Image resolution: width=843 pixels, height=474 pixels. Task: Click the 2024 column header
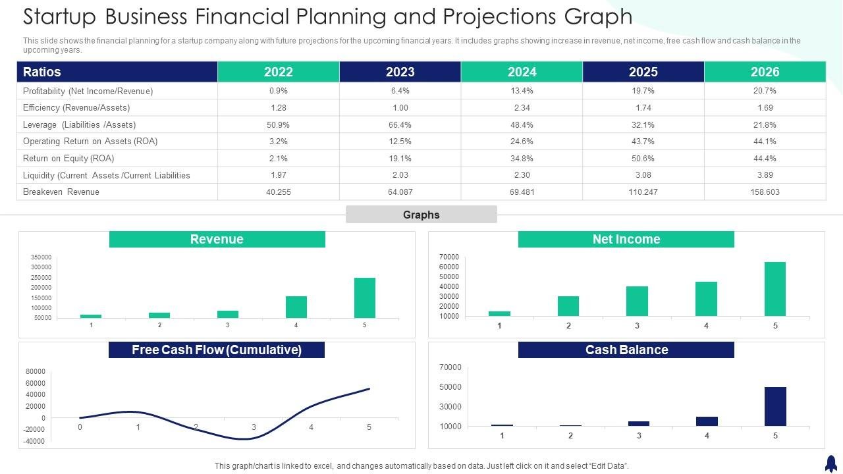pyautogui.click(x=522, y=72)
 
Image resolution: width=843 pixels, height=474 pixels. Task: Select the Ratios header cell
pyautogui.click(x=117, y=72)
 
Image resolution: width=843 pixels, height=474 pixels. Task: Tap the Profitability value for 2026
pyautogui.click(x=765, y=91)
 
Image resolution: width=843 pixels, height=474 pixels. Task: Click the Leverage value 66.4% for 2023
pyautogui.click(x=400, y=124)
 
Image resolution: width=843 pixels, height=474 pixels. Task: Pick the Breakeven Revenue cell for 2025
pyautogui.click(x=643, y=192)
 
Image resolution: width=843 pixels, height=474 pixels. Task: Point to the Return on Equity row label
pyautogui.click(x=68, y=159)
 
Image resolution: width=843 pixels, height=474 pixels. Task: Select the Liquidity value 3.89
pyautogui.click(x=765, y=175)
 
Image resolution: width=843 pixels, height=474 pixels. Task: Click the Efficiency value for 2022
pyautogui.click(x=279, y=108)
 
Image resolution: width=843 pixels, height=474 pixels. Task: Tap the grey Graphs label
pyautogui.click(x=421, y=215)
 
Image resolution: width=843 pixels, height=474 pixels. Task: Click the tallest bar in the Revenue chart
pyautogui.click(x=364, y=298)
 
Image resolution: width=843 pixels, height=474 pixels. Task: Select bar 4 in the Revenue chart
pyautogui.click(x=296, y=307)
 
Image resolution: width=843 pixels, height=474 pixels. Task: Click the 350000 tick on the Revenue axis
pyautogui.click(x=41, y=257)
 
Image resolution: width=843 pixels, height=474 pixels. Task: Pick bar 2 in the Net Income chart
pyautogui.click(x=568, y=306)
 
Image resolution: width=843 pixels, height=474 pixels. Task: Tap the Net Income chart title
pyautogui.click(x=626, y=240)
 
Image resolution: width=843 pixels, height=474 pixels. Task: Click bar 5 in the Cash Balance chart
pyautogui.click(x=775, y=406)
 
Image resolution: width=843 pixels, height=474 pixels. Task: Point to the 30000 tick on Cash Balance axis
pyautogui.click(x=451, y=407)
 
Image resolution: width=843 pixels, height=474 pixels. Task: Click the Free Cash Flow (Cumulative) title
pyautogui.click(x=217, y=350)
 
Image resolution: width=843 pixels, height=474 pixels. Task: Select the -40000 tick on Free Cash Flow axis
pyautogui.click(x=35, y=442)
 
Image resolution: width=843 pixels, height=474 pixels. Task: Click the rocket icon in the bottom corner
pyautogui.click(x=830, y=463)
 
